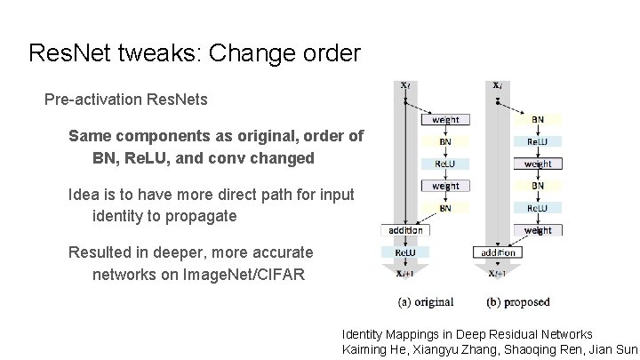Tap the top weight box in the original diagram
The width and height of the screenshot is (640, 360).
point(445,119)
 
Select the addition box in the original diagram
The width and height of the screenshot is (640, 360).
point(404,230)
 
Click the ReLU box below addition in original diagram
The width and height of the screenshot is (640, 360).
point(404,252)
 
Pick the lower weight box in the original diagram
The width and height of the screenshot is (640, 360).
point(445,186)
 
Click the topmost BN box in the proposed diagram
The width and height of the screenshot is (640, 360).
point(538,119)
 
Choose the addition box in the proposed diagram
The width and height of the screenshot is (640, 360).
point(498,252)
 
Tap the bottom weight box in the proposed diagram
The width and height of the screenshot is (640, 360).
point(538,230)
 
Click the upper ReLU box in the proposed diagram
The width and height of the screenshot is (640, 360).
point(538,141)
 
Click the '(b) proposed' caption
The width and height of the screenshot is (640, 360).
point(518,302)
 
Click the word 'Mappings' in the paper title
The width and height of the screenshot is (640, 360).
point(419,334)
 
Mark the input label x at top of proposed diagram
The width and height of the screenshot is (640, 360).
point(498,85)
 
